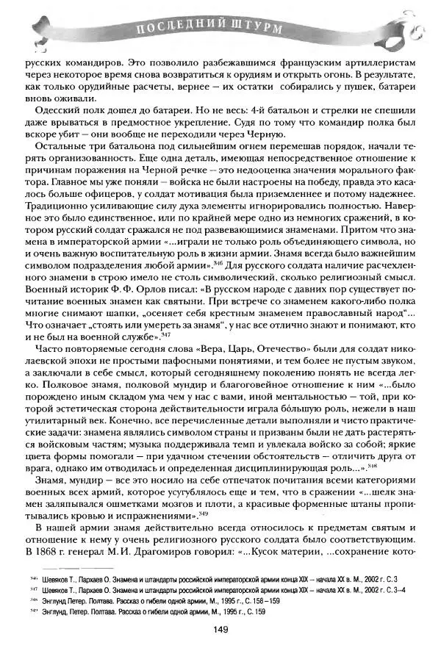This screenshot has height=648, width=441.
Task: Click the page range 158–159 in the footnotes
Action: pyautogui.click(x=261, y=600)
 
